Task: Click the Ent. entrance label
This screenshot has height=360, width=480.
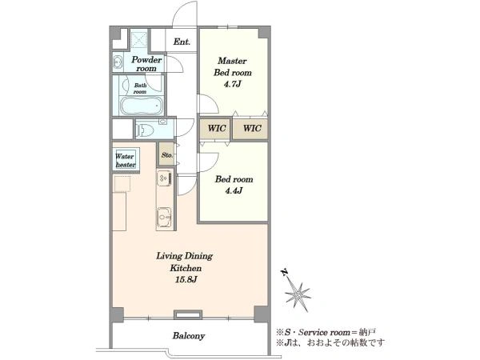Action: (x=182, y=42)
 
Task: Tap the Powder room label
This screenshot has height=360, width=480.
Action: (x=146, y=64)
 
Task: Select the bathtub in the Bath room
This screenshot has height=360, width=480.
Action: (x=141, y=105)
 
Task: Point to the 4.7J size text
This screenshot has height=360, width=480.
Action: (x=232, y=84)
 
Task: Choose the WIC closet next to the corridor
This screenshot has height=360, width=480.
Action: (x=217, y=128)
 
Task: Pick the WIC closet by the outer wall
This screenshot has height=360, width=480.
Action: (x=251, y=128)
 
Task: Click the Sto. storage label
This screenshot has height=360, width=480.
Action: (x=167, y=155)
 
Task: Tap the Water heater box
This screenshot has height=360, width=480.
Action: (x=126, y=160)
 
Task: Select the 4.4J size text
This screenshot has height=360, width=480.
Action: (x=234, y=191)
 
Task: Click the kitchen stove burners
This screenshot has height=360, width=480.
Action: (x=164, y=178)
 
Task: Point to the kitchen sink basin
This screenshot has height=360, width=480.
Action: (x=164, y=218)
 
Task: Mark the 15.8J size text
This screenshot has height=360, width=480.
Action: (x=186, y=279)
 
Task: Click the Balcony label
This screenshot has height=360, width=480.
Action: (x=189, y=336)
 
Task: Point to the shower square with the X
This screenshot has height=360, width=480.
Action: (x=139, y=38)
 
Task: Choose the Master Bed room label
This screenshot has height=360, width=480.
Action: (x=232, y=66)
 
